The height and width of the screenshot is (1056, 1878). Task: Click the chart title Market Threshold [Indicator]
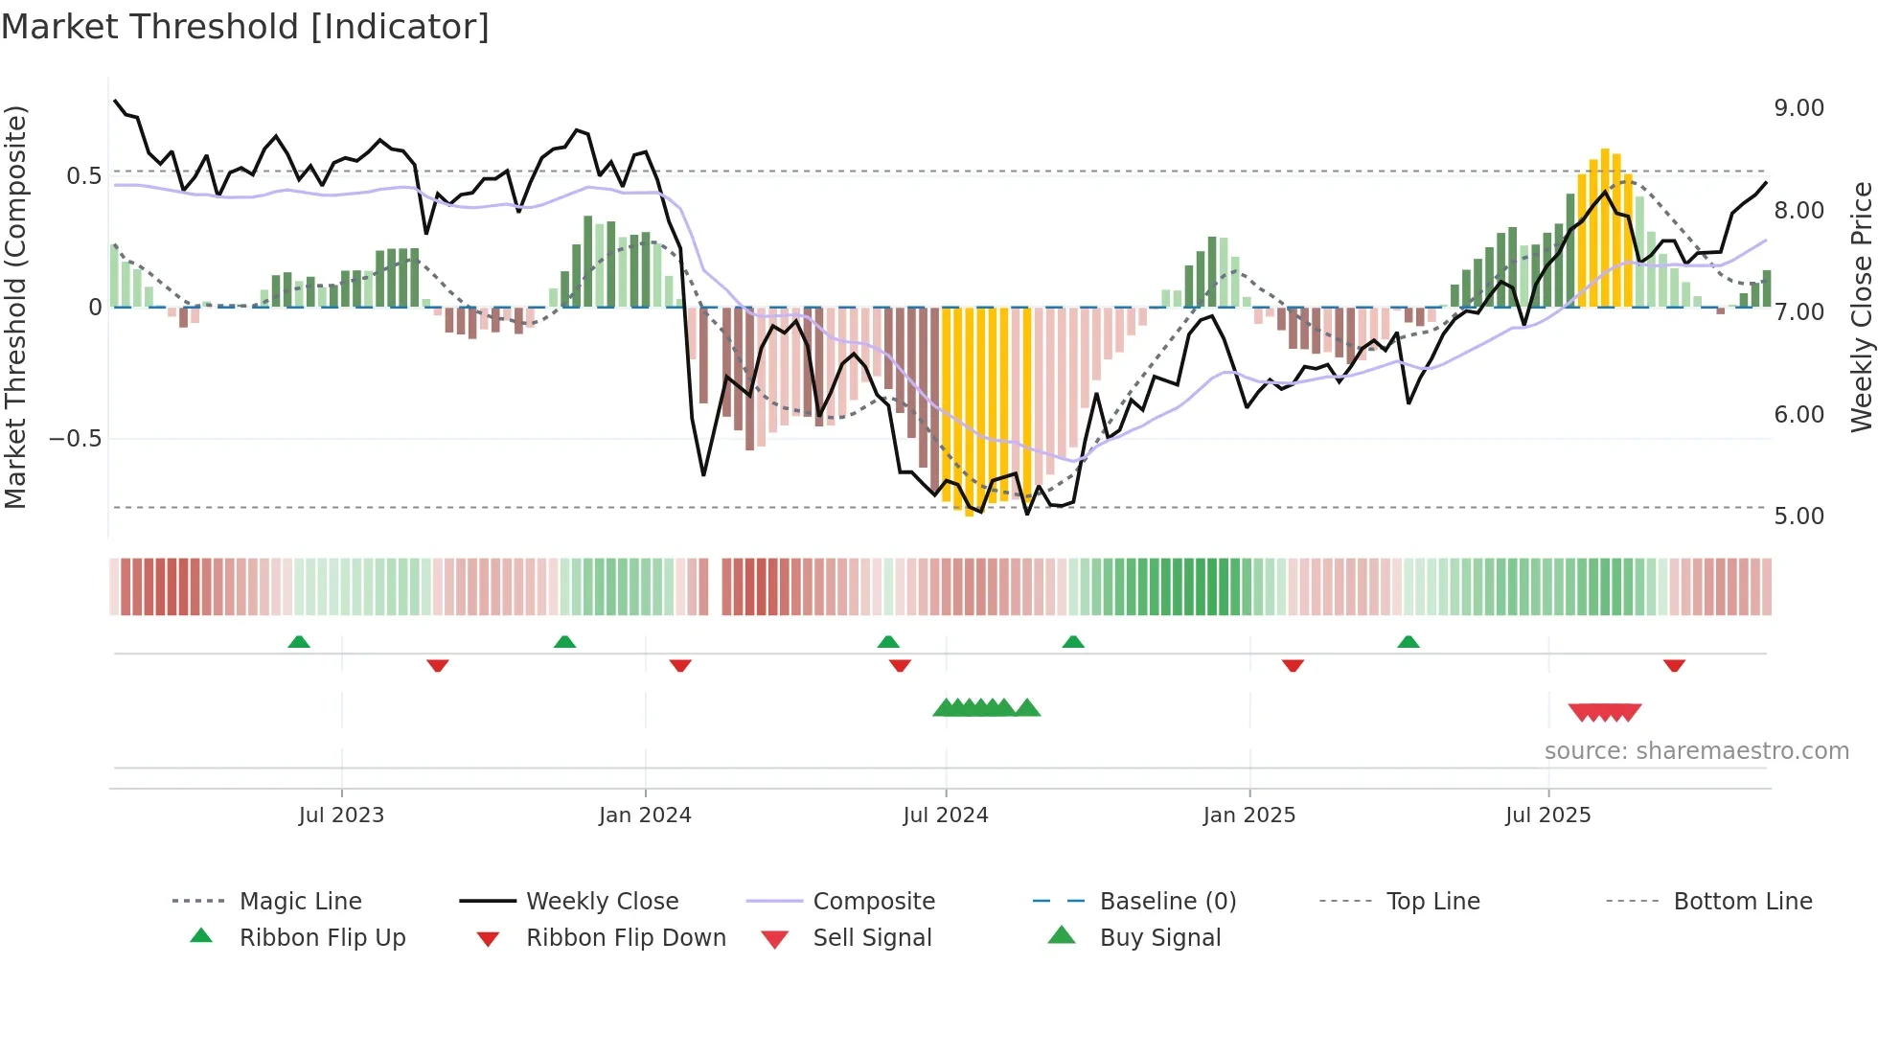pos(245,27)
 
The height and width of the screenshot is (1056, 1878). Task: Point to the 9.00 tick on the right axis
pos(1798,108)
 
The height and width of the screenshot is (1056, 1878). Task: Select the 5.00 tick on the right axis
pos(1798,517)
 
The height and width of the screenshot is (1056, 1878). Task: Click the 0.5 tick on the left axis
pos(83,176)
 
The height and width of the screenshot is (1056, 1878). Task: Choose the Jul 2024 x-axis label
pos(945,815)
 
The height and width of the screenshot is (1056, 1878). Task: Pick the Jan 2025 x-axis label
pos(1248,815)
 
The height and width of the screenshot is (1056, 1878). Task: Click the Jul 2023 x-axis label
pos(341,815)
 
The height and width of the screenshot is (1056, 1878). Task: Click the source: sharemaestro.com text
pos(1696,751)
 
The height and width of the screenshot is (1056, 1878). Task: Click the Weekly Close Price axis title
pos(1861,307)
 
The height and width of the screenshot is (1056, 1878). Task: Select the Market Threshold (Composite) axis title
pos(15,307)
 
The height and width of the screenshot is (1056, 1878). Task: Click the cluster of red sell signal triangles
pos(1605,712)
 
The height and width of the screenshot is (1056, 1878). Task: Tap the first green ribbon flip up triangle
pos(299,642)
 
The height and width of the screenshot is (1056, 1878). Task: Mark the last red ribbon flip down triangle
pos(1674,665)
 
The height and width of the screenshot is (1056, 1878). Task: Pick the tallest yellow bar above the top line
pos(1605,228)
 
